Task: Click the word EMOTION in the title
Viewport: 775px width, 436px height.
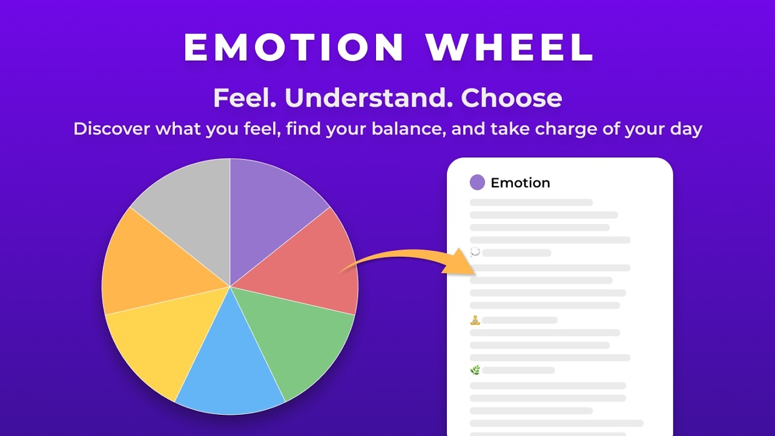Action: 294,47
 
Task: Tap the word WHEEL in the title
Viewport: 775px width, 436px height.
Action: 509,47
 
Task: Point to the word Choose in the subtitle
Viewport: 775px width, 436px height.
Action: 512,98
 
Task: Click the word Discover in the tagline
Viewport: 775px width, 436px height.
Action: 111,129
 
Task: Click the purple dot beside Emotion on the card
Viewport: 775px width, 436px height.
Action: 477,182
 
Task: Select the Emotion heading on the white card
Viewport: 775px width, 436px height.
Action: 520,183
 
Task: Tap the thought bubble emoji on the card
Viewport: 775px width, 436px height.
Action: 475,252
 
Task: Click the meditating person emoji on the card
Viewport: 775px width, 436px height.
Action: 475,320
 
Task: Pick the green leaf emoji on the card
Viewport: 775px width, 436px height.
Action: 475,370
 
